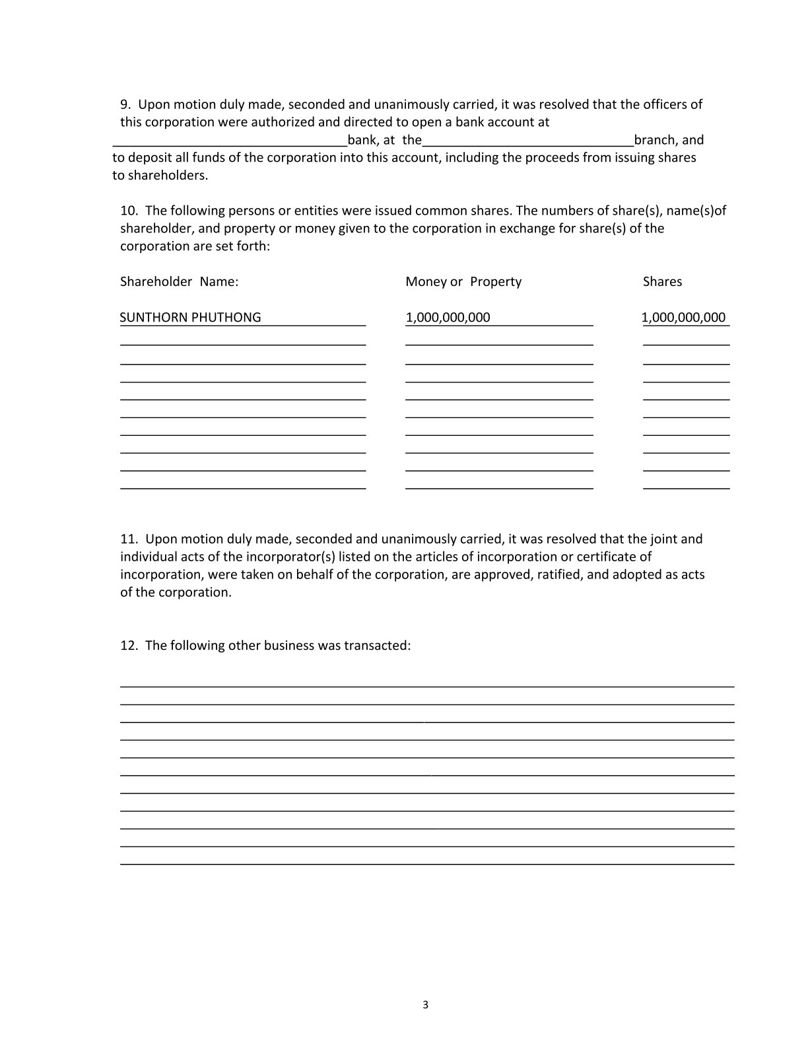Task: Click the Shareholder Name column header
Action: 179,282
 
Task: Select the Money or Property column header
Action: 463,282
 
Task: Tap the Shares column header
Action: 662,282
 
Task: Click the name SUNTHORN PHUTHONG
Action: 190,318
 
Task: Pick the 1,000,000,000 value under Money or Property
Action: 448,318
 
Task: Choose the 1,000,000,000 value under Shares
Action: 683,318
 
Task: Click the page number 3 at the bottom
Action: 425,1006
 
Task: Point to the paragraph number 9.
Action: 125,104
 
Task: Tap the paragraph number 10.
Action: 128,211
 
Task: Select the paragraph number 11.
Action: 128,539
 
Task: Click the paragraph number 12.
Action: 128,646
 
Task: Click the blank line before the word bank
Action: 230,143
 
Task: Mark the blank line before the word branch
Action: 527,143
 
